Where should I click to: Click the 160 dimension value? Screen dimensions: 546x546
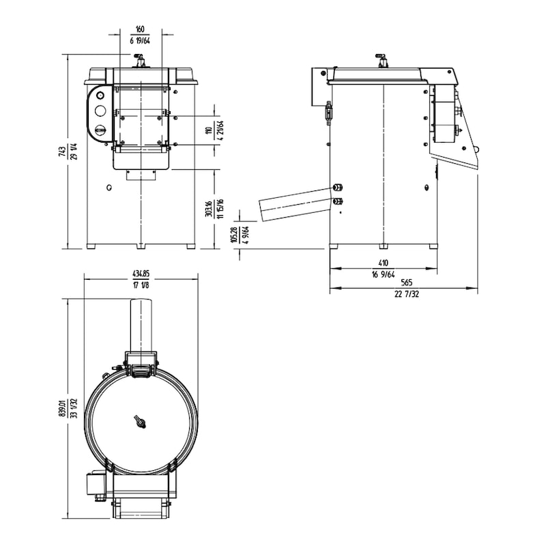[140, 29]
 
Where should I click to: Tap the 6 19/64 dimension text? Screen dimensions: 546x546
[140, 40]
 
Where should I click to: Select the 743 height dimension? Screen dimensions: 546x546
[61, 152]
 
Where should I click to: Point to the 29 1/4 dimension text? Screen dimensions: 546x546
[72, 152]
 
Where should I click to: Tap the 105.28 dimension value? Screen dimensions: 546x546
[234, 233]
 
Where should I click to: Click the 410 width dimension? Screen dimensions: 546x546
[383, 262]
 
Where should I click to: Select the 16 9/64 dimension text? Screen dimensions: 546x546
[383, 274]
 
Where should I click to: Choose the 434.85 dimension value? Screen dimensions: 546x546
[141, 274]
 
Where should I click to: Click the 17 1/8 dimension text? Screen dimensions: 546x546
[141, 285]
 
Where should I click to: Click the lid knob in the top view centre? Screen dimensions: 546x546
[141, 421]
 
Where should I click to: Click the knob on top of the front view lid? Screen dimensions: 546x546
[141, 61]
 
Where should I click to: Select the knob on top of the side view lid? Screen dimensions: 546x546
[383, 61]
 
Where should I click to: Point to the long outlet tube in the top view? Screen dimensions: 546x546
[141, 324]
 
